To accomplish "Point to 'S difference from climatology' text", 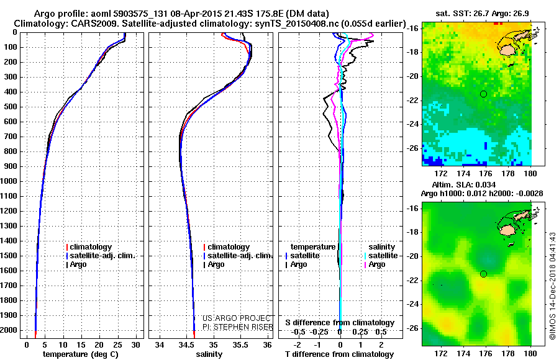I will pos(340,323).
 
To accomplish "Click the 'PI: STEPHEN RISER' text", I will pos(238,326).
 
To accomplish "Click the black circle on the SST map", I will pos(483,94).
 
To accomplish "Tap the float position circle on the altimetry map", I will pos(483,274).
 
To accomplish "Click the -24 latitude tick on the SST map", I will pos(414,124).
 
